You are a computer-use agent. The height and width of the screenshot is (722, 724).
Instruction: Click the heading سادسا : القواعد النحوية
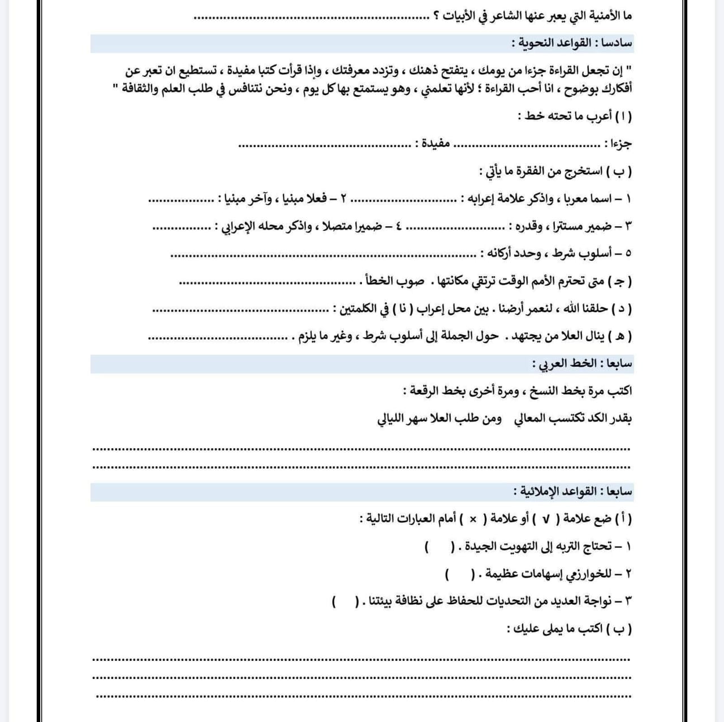coord(572,43)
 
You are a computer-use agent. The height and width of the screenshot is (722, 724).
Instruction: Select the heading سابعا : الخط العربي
coord(583,364)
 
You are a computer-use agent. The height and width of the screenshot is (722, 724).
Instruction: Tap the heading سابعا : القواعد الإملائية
coord(573,492)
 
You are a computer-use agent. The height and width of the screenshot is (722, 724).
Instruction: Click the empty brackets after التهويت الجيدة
coord(439,547)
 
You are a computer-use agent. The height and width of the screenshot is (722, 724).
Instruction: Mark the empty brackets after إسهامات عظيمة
coord(459,575)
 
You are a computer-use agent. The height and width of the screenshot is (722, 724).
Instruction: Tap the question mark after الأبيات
coord(437,16)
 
